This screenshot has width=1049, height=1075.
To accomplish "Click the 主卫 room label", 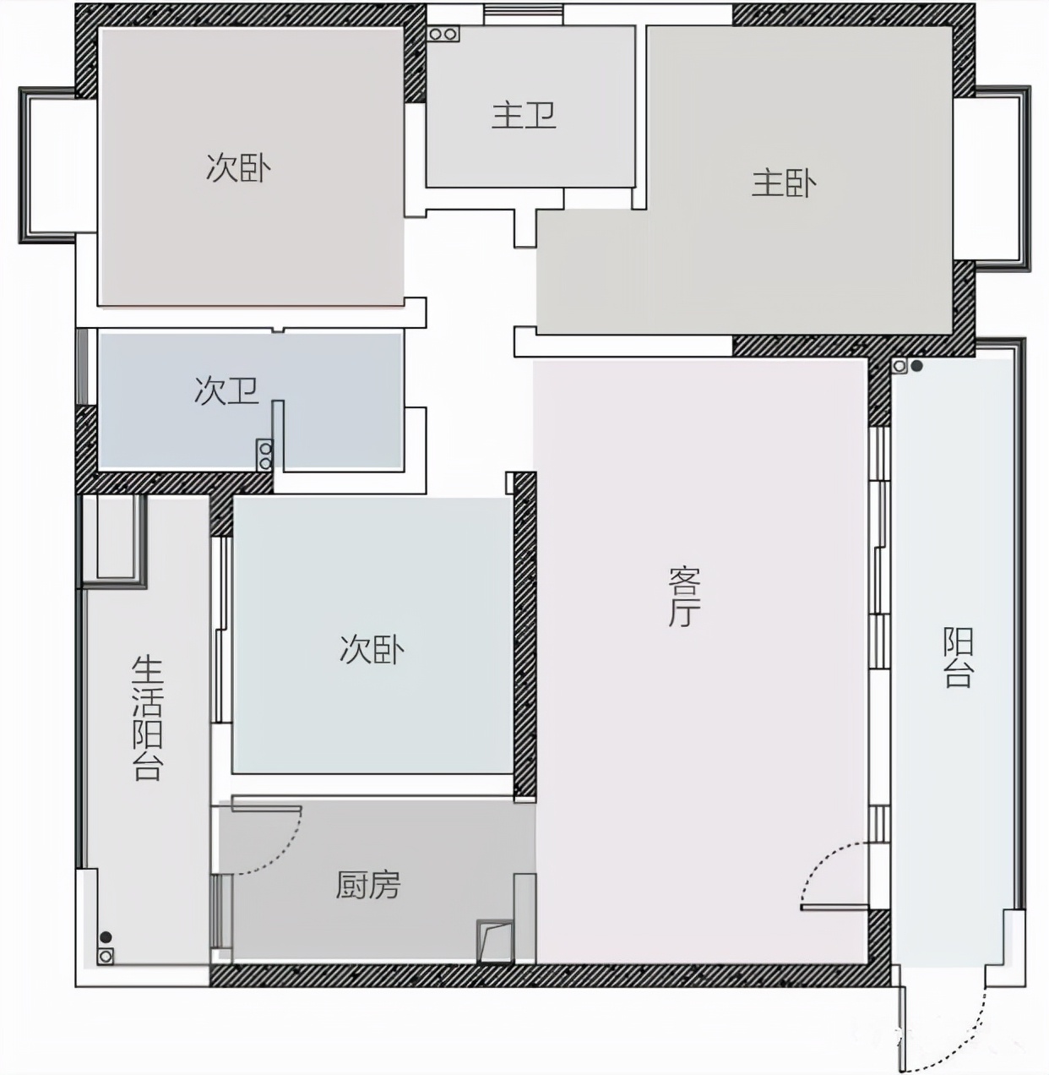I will tap(524, 115).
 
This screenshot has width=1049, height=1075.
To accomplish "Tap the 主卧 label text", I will tap(784, 183).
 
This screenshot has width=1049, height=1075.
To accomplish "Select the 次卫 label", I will tap(226, 390).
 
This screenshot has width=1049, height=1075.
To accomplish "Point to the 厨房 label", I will tap(367, 885).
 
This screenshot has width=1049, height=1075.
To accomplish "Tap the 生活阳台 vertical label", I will tap(147, 718).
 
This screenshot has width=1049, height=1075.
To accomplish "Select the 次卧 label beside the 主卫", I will tap(238, 167).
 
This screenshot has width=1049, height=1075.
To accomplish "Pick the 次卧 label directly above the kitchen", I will tap(372, 649).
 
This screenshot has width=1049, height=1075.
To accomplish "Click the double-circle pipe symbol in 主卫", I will tap(443, 35).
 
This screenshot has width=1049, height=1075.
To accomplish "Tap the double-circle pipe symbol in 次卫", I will tap(265, 455).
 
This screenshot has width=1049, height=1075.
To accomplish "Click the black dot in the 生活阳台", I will tap(106, 936).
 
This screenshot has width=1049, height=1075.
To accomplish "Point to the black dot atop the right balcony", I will tap(916, 367).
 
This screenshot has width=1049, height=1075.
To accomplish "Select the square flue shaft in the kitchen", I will tap(495, 941).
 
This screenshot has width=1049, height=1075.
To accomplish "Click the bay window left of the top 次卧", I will tap(46, 165).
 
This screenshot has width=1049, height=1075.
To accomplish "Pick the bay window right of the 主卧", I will tap(1003, 177).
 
